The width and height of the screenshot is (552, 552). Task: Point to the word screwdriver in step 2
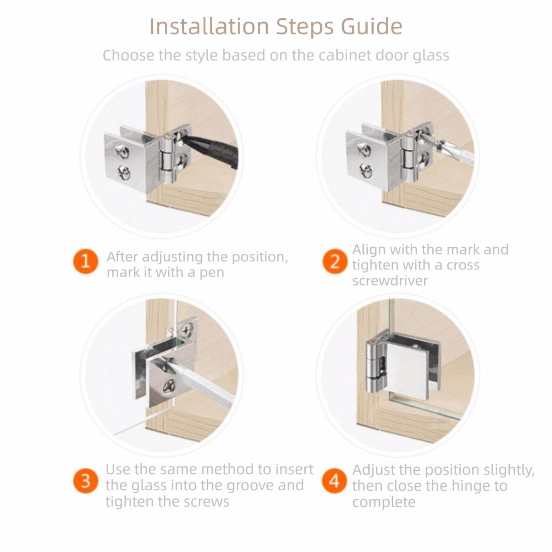tap(390, 281)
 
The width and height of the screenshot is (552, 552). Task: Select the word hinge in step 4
tap(470, 486)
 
